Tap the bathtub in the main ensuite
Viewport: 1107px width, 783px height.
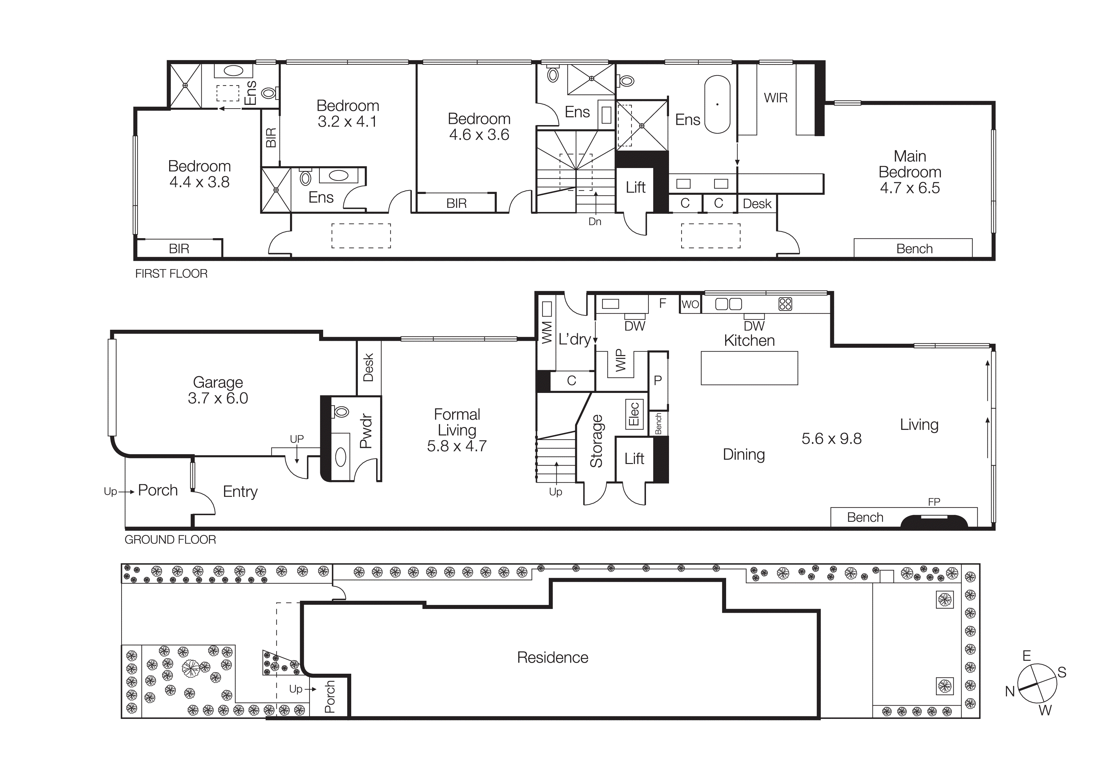(717, 104)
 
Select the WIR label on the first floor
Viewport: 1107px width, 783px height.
(775, 98)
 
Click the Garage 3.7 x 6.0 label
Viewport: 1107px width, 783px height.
(218, 390)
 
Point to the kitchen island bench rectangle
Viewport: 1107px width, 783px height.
(749, 368)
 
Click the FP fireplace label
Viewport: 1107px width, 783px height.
(934, 502)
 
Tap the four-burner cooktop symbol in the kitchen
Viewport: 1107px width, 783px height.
(785, 304)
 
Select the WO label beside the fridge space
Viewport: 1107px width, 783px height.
(690, 304)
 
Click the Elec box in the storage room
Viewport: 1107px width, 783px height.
(634, 414)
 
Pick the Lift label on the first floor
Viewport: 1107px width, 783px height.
(636, 187)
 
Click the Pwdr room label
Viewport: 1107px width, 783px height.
(366, 431)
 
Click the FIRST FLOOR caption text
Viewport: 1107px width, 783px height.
(171, 274)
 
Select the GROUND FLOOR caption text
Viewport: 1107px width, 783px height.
(170, 539)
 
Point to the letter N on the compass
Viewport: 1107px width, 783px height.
(1009, 691)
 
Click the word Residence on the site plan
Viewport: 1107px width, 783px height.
(553, 658)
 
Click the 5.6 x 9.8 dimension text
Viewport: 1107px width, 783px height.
(831, 438)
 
